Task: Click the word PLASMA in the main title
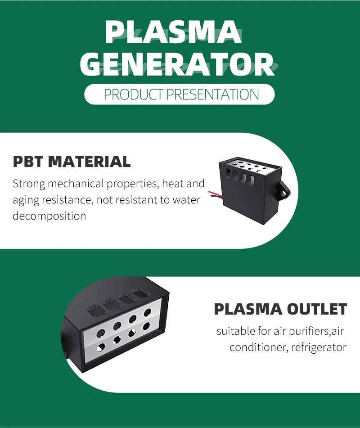[173, 32]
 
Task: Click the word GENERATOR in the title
[176, 64]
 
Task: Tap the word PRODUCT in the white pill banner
[134, 95]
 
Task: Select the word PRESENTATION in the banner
[212, 95]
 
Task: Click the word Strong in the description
[29, 184]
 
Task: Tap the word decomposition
[49, 216]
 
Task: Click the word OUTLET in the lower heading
[317, 309]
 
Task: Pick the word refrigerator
[319, 347]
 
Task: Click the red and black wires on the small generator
[216, 194]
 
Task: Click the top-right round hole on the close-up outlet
[148, 312]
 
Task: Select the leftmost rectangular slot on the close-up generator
[94, 309]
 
